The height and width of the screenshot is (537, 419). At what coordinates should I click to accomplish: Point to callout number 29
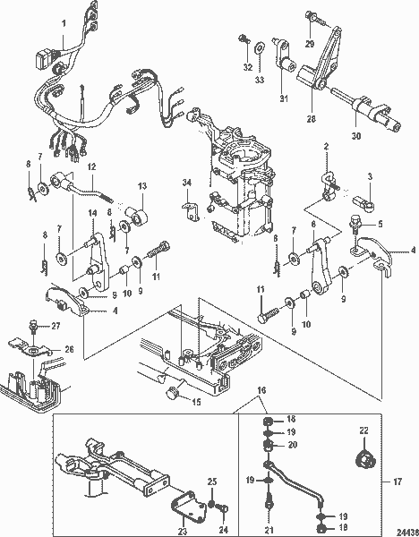tap(310, 42)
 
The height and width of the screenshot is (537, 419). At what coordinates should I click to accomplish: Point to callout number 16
tap(261, 391)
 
